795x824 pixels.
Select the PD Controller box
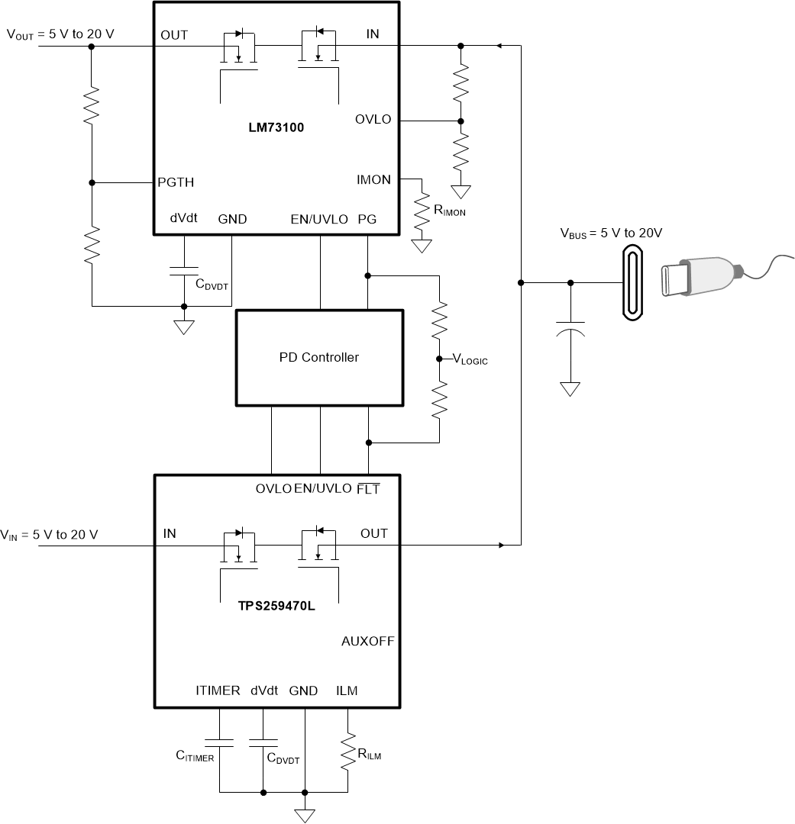[319, 357]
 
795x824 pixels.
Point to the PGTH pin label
[176, 182]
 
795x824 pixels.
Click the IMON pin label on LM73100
[373, 180]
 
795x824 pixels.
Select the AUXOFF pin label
[367, 642]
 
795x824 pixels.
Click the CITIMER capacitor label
[195, 758]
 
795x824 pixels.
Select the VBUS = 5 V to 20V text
[611, 233]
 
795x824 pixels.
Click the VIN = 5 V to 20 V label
[49, 534]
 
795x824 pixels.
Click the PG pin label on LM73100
[367, 219]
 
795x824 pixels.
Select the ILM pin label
[347, 691]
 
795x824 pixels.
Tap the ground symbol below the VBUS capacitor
[570, 389]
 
